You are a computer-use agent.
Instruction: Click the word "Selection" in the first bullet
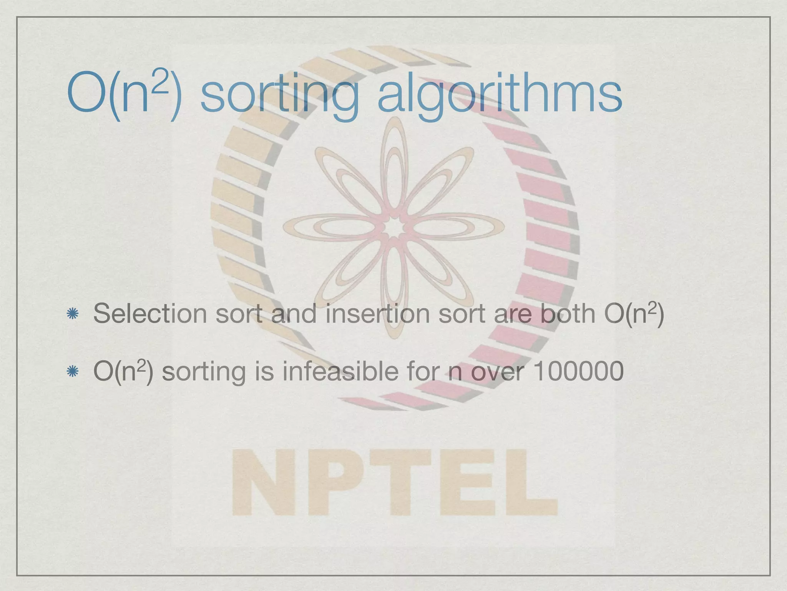(150, 314)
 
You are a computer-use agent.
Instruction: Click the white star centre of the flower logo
(393, 229)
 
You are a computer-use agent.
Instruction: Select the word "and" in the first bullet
(294, 314)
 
